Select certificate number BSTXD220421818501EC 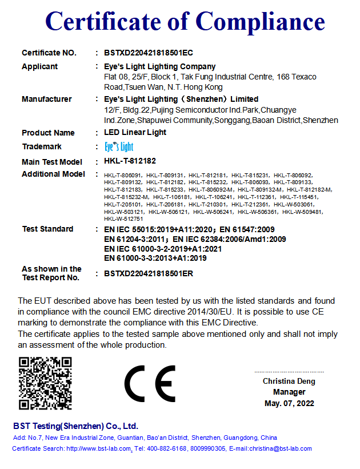coord(149,53)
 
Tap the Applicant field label coord(39,66)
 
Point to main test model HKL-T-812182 coord(130,162)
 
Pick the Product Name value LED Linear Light coord(135,133)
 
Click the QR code coord(45,383)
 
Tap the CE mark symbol coord(150,383)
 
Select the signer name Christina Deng coord(289,381)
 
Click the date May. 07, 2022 coord(289,403)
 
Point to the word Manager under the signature coord(289,392)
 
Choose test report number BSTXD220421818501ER coord(149,273)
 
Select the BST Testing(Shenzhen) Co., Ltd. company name coord(75,426)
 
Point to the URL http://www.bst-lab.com coord(99,448)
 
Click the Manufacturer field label coord(46,99)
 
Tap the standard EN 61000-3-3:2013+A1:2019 coord(155,259)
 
